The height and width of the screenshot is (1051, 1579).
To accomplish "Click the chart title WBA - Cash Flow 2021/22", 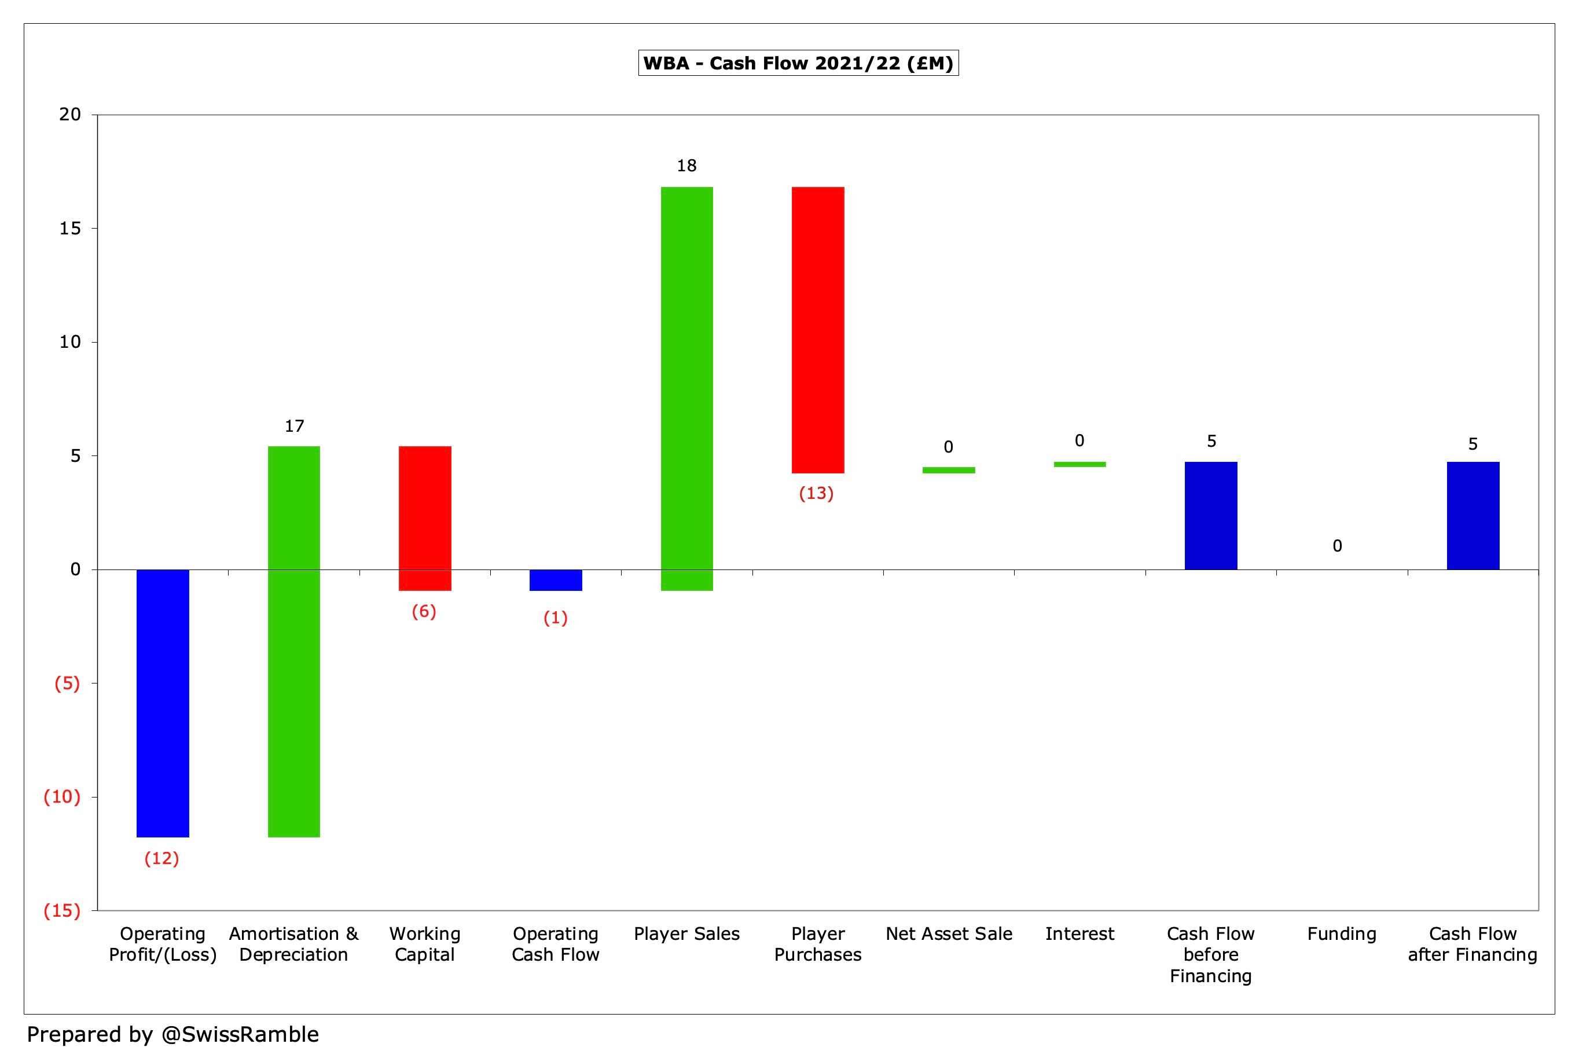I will click(798, 63).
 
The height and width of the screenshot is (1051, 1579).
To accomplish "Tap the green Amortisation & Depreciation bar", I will click(293, 641).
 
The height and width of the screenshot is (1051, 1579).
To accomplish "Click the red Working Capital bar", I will click(424, 517).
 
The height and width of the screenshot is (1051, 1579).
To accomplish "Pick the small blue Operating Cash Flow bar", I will click(556, 580).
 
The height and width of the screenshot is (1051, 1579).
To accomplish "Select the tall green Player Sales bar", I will click(686, 388).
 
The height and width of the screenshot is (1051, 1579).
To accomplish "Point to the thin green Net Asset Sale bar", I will click(948, 470).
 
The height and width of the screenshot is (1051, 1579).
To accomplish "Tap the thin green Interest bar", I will click(1079, 464).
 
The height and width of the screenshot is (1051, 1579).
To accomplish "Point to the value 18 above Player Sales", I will click(686, 166).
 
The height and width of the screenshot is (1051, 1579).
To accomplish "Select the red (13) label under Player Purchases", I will click(816, 493).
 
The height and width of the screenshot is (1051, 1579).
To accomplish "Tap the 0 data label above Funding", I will click(1337, 546).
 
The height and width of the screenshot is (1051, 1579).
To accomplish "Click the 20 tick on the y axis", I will click(69, 115).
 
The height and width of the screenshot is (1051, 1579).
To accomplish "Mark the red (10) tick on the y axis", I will click(62, 796).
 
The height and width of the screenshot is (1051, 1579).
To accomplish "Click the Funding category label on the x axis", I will click(1341, 934).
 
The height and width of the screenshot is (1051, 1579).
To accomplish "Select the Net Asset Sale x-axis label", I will click(948, 934).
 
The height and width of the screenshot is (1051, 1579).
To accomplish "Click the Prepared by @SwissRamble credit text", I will click(172, 1034).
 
